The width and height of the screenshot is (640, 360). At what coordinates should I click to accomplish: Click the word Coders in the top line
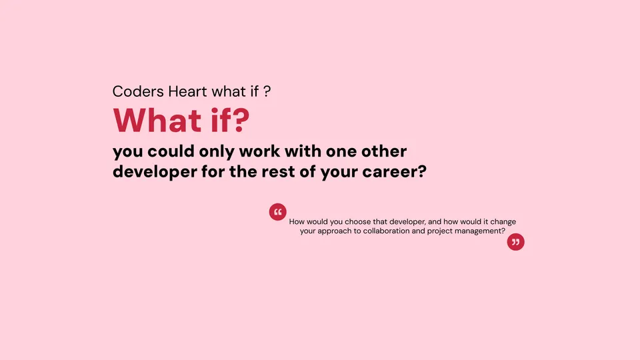pos(135,91)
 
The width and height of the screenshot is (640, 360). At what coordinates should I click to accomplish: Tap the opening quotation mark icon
pos(277,212)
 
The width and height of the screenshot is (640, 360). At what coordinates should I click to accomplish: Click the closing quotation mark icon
pos(515,242)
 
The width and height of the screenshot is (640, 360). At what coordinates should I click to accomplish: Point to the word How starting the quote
pos(297,221)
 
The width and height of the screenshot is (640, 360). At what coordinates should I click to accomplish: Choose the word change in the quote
pos(502,221)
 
